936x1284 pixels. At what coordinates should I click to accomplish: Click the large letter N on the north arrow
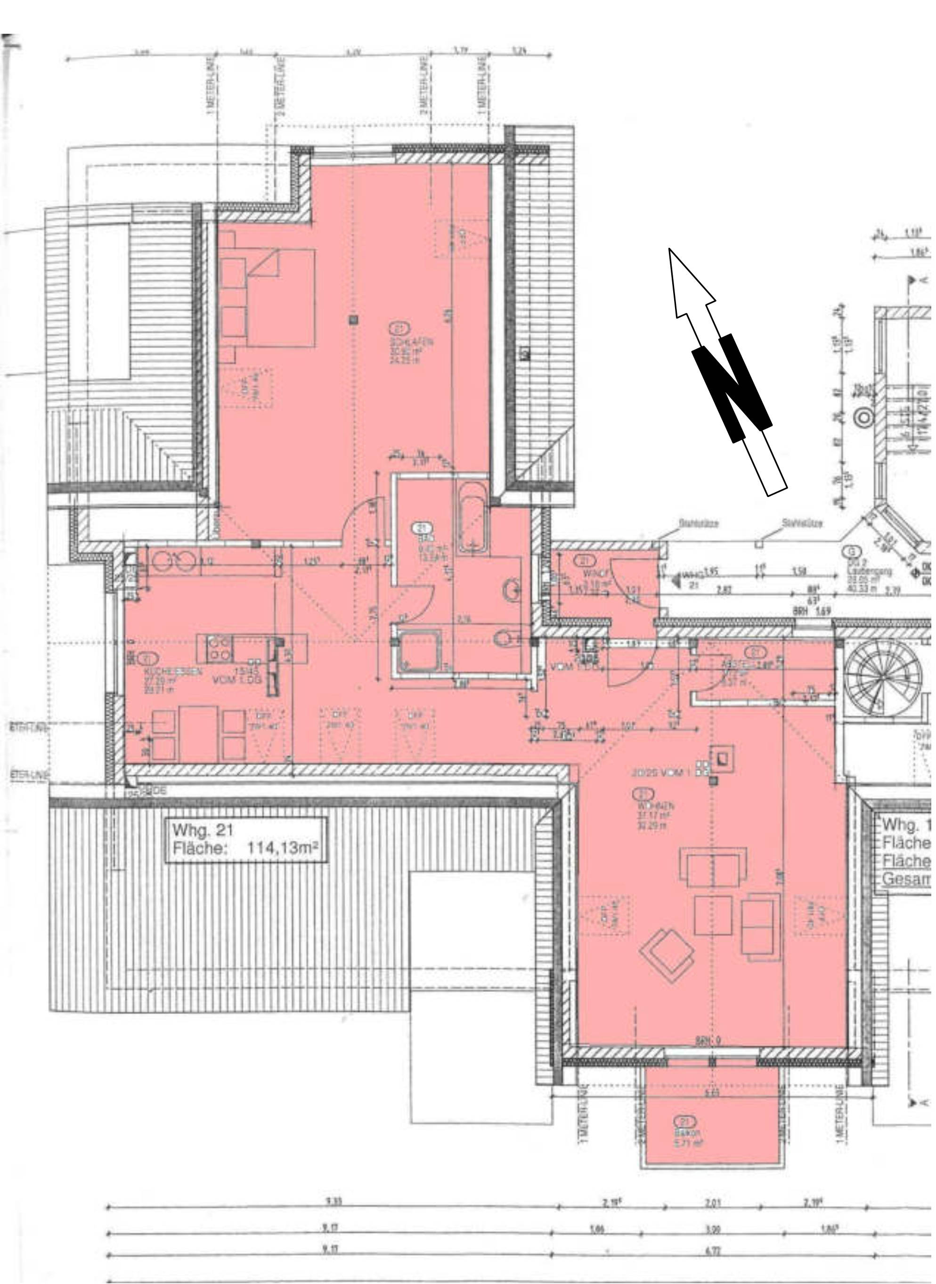[732, 388]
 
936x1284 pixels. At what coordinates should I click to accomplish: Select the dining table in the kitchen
[198, 733]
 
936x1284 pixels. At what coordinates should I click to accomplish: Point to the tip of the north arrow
[670, 249]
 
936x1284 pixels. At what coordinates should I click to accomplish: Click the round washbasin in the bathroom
[512, 590]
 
